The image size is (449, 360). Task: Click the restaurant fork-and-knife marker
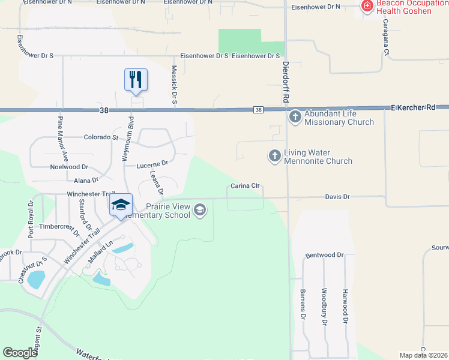pos(136,79)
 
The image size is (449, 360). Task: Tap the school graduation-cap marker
pos(121,205)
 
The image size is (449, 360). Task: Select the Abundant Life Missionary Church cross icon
pos(295,116)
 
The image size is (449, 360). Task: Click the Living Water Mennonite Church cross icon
pos(274,156)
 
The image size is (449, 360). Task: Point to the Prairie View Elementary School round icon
pos(200,209)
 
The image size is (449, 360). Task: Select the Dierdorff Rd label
pos(286,80)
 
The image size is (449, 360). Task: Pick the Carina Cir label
pos(246,187)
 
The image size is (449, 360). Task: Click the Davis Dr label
pos(337,196)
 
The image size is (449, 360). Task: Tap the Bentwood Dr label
pos(324,255)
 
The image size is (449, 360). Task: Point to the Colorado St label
pos(101,137)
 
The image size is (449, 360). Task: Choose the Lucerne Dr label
pos(152,163)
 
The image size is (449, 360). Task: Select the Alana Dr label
pos(86,180)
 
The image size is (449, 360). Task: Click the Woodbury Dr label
pos(324,307)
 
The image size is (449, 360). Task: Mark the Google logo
pos(20,353)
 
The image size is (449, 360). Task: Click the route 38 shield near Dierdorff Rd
pos(258,109)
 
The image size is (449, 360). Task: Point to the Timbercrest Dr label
pos(59,227)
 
